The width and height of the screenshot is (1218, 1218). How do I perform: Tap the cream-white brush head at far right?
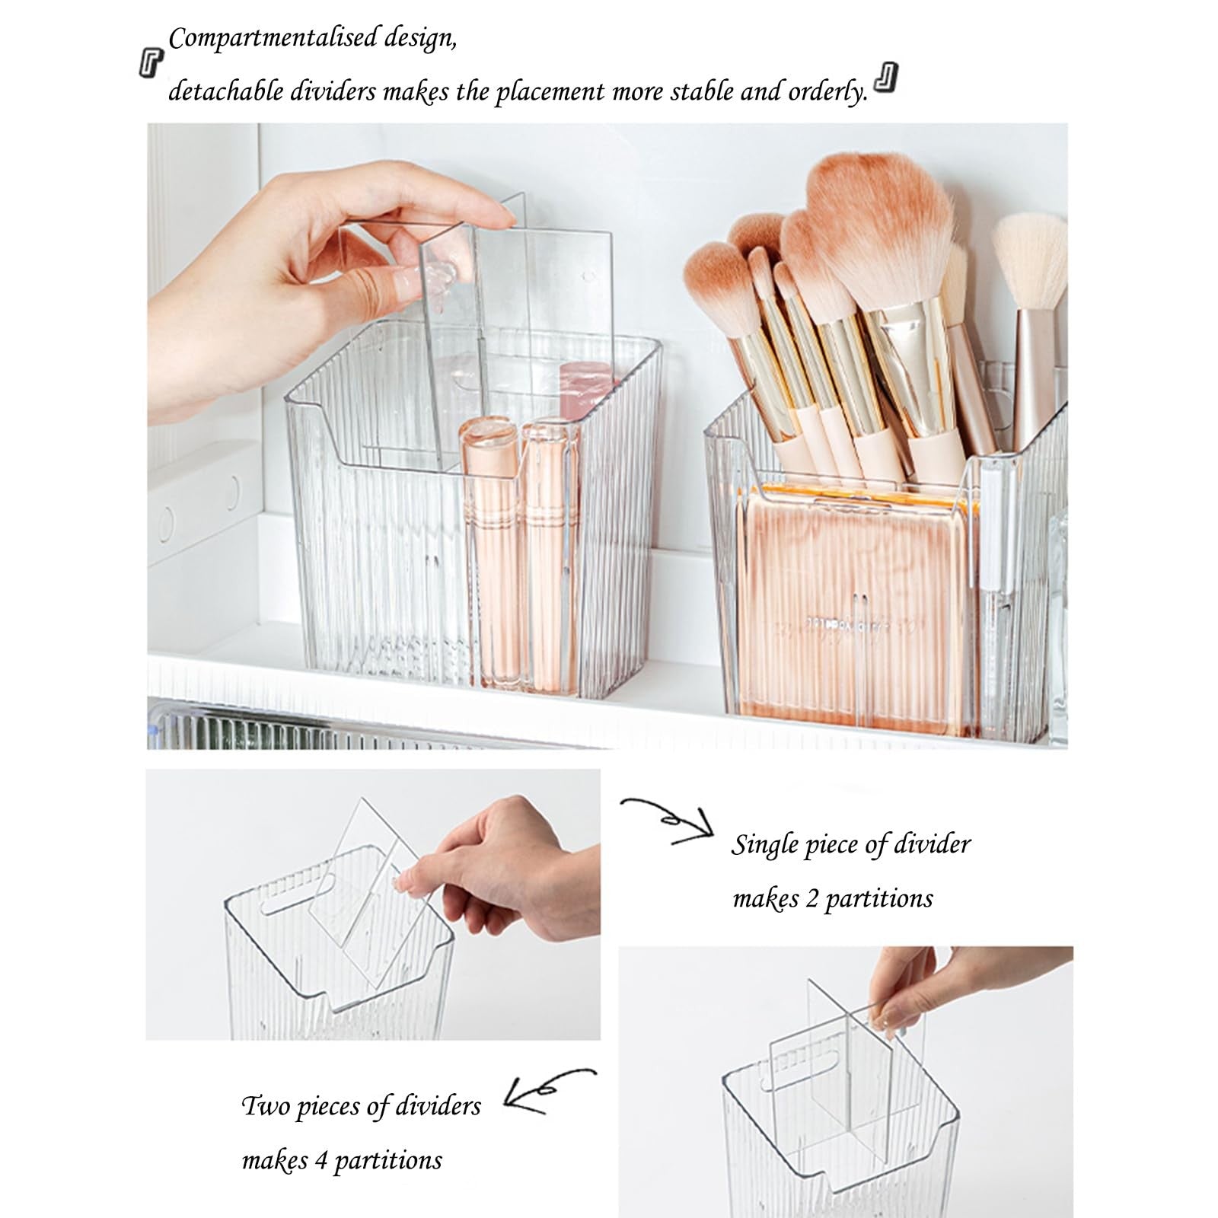pyautogui.click(x=1030, y=259)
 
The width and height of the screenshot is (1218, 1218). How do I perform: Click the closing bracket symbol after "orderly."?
pyautogui.click(x=885, y=79)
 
